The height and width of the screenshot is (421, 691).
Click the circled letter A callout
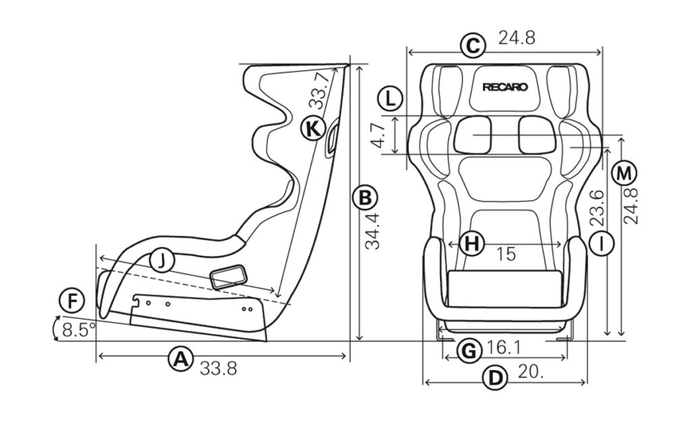click(180, 360)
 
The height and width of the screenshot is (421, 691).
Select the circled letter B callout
click(365, 198)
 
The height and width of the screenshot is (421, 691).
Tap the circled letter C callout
click(472, 46)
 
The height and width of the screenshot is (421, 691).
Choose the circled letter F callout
click(72, 301)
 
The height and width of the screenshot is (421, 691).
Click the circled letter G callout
click(469, 351)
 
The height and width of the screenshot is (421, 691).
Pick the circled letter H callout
click(472, 243)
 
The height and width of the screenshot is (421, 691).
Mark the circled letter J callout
click(162, 262)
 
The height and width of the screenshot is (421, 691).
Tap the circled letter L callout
click(390, 99)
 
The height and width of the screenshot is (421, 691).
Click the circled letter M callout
click(624, 174)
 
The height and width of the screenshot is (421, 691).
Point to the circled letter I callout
click(601, 243)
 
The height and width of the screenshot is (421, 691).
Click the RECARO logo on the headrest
click(505, 87)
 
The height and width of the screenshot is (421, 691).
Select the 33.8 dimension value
click(218, 368)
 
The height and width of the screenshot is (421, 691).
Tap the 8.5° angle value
click(79, 330)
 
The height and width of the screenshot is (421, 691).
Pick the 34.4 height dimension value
click(373, 231)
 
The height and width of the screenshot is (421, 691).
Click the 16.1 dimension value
click(503, 348)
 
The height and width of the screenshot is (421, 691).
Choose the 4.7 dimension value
click(378, 135)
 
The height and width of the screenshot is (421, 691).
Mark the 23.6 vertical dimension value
click(597, 208)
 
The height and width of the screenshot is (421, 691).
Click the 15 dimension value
click(506, 254)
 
